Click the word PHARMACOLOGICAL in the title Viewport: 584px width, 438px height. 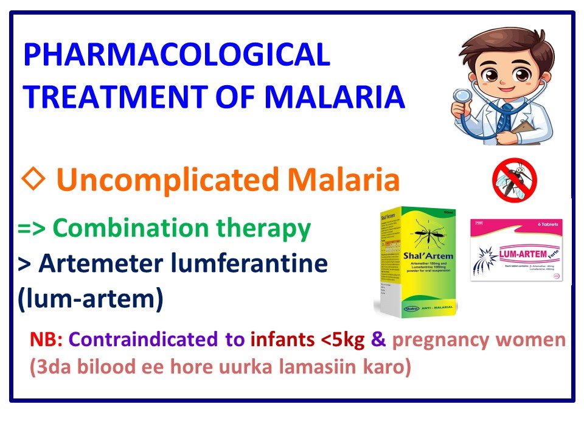click(176, 55)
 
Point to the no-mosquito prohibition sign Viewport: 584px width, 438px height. click(514, 180)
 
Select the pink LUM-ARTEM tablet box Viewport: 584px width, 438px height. click(516, 249)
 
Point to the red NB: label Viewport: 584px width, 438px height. click(43, 340)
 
